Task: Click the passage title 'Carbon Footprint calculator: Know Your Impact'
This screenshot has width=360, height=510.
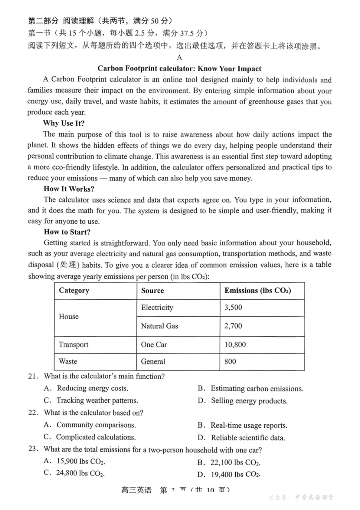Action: pos(179,69)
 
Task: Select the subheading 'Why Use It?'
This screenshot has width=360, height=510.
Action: pos(64,123)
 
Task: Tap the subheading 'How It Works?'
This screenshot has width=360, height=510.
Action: pos(69,189)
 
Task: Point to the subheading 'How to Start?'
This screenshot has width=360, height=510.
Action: pos(67,232)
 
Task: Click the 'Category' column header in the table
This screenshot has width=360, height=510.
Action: pos(74,291)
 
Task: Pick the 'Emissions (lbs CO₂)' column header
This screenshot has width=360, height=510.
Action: pos(258,291)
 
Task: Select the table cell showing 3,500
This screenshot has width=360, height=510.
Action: pos(233,308)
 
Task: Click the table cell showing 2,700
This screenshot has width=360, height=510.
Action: pos(233,326)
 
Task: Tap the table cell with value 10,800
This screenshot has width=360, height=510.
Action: pos(235,345)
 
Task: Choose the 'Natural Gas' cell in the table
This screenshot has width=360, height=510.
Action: pos(160,326)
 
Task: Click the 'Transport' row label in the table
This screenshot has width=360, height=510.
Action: pos(74,345)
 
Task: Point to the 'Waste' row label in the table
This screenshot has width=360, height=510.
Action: pos(68,361)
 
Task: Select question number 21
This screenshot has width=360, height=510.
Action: pos(33,377)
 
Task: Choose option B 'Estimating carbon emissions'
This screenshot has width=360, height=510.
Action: pos(257,389)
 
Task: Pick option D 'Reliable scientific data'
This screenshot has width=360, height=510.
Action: pos(248,438)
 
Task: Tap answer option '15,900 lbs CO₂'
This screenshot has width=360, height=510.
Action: pos(80,461)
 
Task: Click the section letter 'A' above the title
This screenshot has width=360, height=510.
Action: pos(179,58)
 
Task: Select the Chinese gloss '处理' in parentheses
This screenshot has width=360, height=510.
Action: pos(68,265)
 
